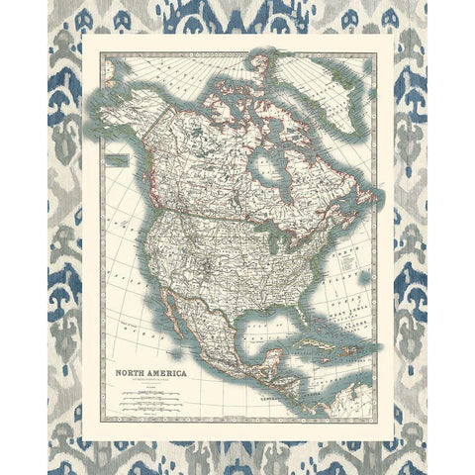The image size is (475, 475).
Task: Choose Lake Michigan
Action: (x=271, y=247)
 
